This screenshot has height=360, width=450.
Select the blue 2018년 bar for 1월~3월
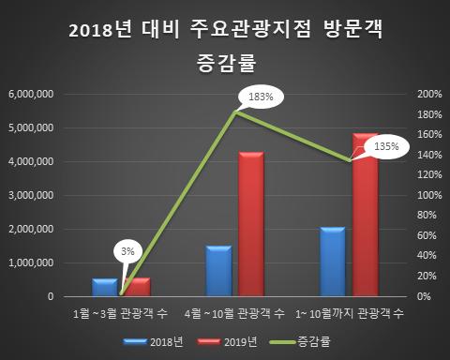[104, 287]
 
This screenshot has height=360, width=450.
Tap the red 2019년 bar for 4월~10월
[251, 225]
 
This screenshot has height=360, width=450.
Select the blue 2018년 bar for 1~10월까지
[332, 262]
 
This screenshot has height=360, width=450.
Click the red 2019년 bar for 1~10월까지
[366, 216]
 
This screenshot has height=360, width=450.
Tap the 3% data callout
[128, 251]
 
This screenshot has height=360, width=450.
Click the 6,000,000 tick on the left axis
[30, 95]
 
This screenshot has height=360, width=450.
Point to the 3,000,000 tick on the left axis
[30, 196]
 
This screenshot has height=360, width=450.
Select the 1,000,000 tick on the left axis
[30, 263]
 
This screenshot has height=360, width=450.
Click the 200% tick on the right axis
[427, 95]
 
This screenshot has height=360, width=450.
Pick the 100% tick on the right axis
[427, 196]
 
